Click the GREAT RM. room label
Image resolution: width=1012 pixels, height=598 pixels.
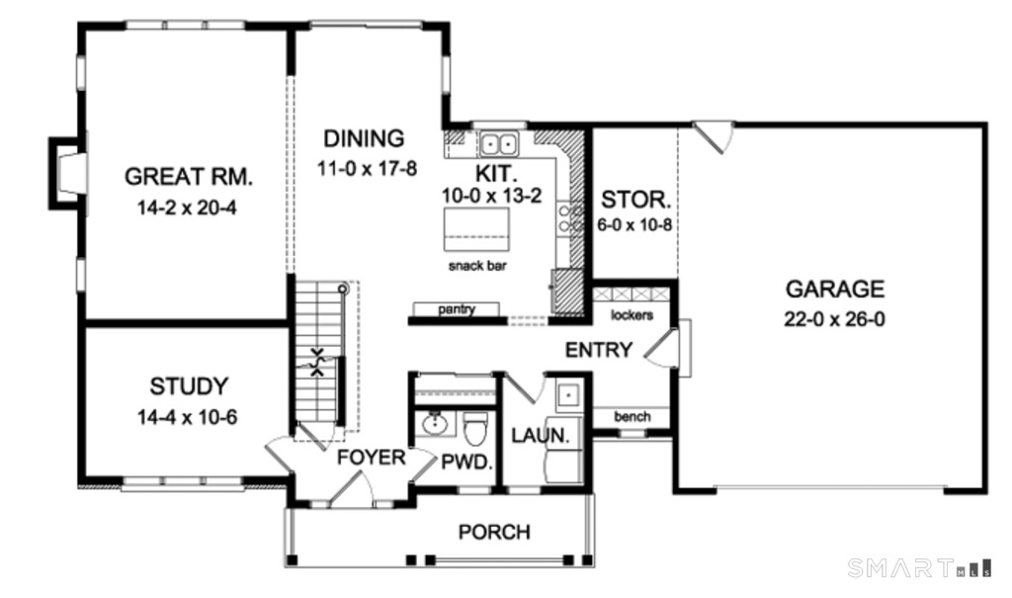coord(189,177)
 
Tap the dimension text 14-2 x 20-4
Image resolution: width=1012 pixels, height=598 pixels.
coord(189,209)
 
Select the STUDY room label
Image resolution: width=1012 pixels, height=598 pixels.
coord(189,385)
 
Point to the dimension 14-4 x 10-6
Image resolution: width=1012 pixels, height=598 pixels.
coord(189,417)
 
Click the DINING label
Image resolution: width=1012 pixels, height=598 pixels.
coord(363,137)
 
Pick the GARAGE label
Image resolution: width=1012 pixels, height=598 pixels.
coord(834,289)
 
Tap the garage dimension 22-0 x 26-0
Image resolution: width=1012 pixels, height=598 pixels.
coord(834,320)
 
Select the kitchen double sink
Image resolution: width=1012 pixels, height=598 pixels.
coord(500,144)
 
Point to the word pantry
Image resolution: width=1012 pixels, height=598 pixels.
coord(458,309)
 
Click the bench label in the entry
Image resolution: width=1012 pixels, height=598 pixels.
coord(632,416)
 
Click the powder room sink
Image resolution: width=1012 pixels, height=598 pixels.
coord(434,426)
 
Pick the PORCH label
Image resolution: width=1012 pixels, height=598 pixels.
coord(494,532)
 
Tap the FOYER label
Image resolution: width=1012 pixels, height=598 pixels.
coord(371,458)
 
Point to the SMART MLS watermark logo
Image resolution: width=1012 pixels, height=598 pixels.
coord(919,567)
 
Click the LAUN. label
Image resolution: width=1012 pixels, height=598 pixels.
coord(539,435)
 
